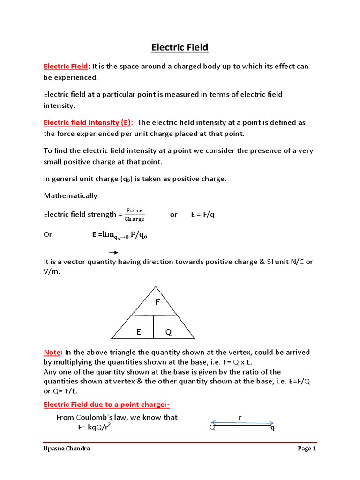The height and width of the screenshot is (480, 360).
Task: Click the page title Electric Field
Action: click(x=180, y=47)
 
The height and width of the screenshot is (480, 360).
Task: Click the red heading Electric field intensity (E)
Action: click(x=87, y=123)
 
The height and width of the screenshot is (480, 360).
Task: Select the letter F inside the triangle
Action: click(x=157, y=302)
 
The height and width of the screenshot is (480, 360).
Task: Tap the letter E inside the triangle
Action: click(x=139, y=332)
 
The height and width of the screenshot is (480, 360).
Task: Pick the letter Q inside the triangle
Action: click(x=168, y=332)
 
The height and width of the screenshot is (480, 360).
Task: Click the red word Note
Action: click(x=52, y=352)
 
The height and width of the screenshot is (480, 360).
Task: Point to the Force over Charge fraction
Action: click(x=135, y=215)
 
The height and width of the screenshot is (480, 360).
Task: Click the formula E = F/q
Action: click(x=202, y=215)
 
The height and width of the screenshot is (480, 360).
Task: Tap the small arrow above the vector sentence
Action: click(x=113, y=252)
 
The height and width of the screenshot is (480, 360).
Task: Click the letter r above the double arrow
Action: click(x=240, y=417)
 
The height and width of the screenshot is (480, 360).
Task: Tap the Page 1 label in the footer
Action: click(x=307, y=449)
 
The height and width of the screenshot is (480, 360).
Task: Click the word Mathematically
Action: click(x=70, y=195)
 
